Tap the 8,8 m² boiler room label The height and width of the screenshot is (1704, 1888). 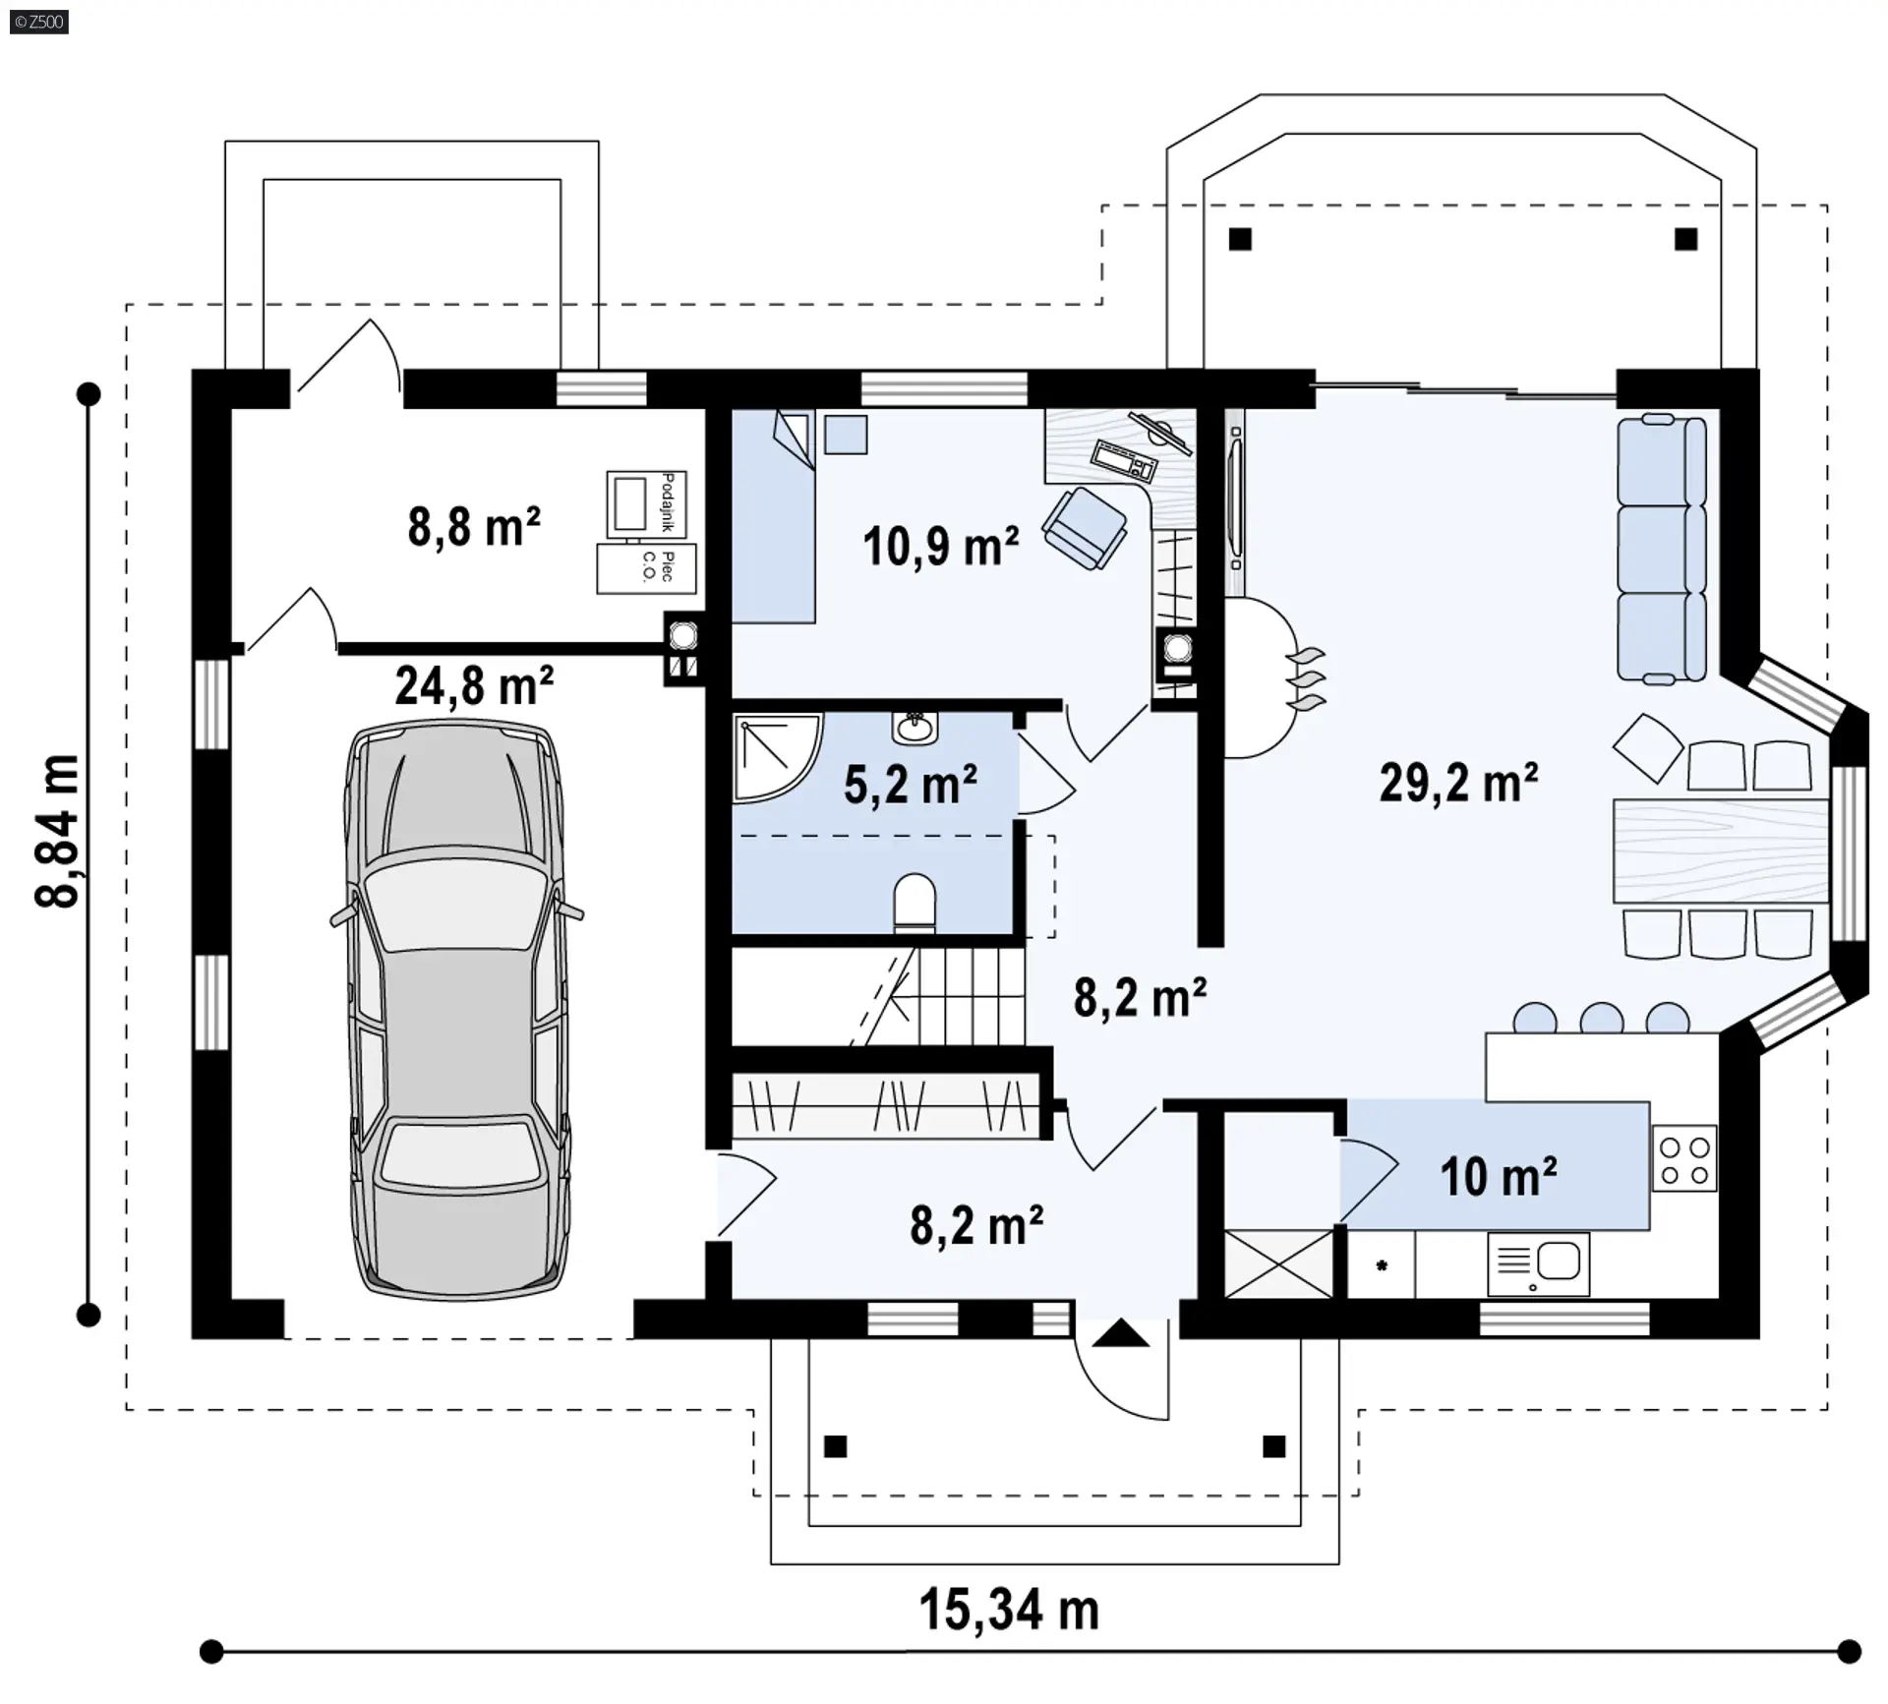(474, 526)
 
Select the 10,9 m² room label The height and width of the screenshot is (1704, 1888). (941, 546)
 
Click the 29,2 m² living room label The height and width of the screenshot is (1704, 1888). (1458, 783)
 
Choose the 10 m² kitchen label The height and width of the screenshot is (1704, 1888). (1499, 1176)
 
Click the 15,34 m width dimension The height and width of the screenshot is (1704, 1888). (1009, 1610)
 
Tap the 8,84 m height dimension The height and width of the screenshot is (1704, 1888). (56, 831)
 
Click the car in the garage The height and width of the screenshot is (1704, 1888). (457, 1011)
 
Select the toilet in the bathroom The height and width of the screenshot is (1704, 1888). (914, 903)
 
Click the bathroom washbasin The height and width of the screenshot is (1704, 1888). (915, 729)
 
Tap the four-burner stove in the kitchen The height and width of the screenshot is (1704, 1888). (1684, 1159)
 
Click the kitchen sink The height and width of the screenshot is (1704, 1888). (1538, 1263)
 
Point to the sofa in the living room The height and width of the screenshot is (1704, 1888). (1662, 549)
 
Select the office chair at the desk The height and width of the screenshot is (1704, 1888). (1085, 528)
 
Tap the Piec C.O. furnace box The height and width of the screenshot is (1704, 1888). (646, 568)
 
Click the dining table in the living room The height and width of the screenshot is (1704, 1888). (1721, 852)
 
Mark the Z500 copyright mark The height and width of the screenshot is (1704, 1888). (39, 21)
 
